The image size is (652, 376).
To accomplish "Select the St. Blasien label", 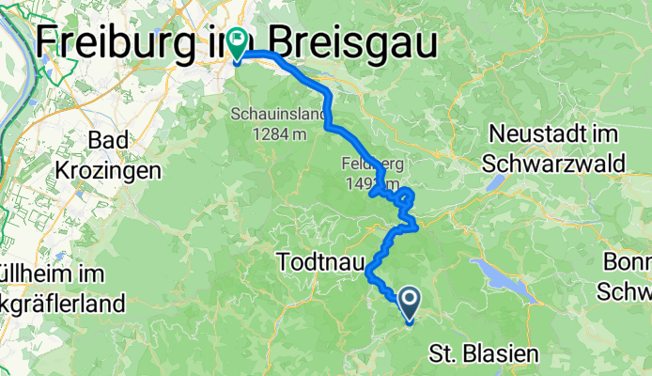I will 485,354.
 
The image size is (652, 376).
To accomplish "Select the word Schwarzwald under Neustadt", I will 555,164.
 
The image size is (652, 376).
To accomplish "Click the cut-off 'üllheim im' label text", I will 52,276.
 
